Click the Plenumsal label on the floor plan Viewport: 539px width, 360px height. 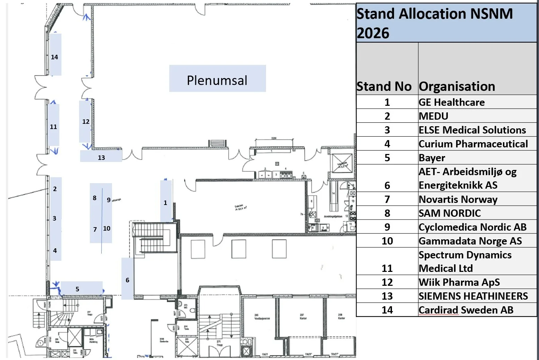tap(217, 80)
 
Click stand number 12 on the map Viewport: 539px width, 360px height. tap(85, 121)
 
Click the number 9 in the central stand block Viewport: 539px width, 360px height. tap(109, 200)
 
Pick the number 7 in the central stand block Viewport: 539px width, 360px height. tap(95, 229)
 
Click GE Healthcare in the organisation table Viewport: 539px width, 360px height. tap(451, 102)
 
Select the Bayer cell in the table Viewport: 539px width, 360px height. tap(431, 158)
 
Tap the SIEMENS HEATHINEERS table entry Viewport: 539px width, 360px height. tap(473, 296)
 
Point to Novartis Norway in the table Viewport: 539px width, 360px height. tap(458, 199)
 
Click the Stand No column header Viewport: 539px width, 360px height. tap(384, 86)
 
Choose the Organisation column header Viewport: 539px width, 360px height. tap(457, 86)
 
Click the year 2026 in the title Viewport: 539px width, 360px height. tap(373, 33)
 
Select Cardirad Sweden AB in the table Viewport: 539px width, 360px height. tap(466, 310)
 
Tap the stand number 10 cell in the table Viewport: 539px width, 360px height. tap(387, 241)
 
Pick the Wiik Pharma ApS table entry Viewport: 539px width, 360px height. tap(459, 282)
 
